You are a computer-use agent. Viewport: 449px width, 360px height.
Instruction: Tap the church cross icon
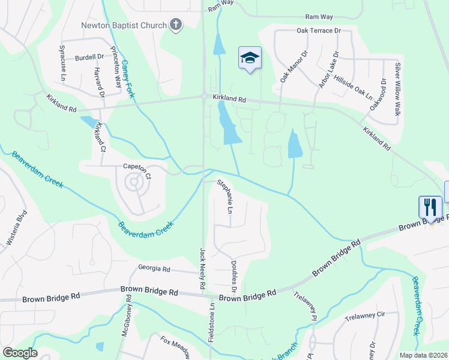click(175, 24)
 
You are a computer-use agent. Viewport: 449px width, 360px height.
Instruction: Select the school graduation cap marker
click(250, 58)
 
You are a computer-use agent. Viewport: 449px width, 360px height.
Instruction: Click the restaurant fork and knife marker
click(430, 208)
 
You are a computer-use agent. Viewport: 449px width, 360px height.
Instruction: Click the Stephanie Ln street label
click(224, 197)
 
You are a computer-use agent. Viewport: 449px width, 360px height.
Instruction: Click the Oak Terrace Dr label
click(318, 31)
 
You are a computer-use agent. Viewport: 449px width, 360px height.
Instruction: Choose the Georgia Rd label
click(154, 269)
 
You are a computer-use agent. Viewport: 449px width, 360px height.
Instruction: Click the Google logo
click(19, 353)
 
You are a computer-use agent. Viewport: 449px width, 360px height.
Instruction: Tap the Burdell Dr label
click(89, 58)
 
